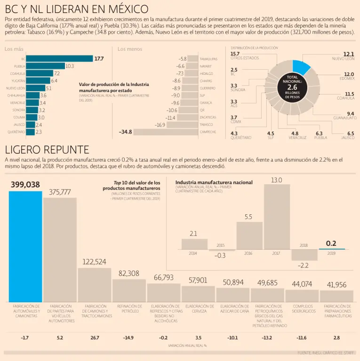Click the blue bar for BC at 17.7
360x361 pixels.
coord(59,59)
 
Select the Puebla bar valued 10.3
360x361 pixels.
coord(45,66)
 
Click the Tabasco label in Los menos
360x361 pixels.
coord(207,125)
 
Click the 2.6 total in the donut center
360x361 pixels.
coord(292,87)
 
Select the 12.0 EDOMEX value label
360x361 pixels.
coord(349,74)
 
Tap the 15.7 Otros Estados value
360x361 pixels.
coord(235,54)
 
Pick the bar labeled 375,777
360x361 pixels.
coord(60,250)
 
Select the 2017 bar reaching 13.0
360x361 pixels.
coord(277,216)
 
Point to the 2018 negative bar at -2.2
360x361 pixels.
coord(304,254)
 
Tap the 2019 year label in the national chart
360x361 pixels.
coord(331,253)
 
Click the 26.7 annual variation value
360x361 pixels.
coord(94,337)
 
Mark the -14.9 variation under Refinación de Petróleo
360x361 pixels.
coord(129,337)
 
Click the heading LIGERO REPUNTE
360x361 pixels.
coord(47,150)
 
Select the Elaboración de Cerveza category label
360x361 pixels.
coord(198,308)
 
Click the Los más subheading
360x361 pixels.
coord(14,49)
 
